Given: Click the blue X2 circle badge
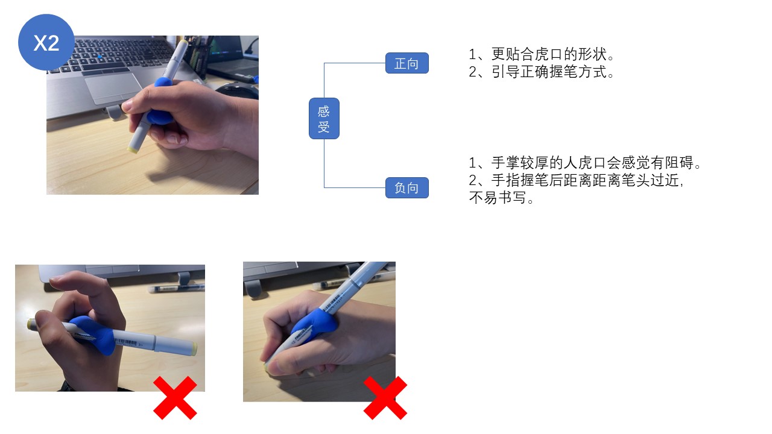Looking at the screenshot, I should pyautogui.click(x=46, y=43).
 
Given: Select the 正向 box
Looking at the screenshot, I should pyautogui.click(x=407, y=63).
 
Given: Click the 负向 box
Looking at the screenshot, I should pyautogui.click(x=407, y=188).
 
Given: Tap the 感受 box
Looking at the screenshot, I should pyautogui.click(x=324, y=119).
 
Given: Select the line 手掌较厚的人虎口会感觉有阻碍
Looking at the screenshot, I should pyautogui.click(x=584, y=163).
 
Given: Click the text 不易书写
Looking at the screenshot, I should pyautogui.click(x=502, y=198).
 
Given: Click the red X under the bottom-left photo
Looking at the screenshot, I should pyautogui.click(x=175, y=398).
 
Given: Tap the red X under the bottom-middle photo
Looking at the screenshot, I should pyautogui.click(x=385, y=398).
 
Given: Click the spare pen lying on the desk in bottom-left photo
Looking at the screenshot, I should pyautogui.click(x=175, y=288).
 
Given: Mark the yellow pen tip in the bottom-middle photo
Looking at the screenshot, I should pyautogui.click(x=267, y=365).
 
